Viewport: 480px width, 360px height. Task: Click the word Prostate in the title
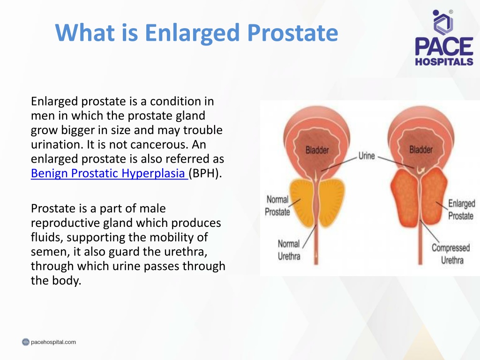point(292,33)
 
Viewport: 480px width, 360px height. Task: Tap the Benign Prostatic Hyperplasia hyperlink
point(109,173)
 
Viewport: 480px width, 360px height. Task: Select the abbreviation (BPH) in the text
point(205,173)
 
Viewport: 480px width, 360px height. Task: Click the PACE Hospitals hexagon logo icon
point(442,22)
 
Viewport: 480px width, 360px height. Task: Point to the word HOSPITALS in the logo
point(444,61)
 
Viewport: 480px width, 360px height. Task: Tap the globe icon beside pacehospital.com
point(26,342)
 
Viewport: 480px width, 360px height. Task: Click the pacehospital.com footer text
point(53,342)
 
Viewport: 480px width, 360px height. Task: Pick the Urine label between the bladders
point(367,156)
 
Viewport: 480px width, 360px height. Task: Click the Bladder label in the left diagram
point(317,150)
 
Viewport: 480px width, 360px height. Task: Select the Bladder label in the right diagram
point(421,150)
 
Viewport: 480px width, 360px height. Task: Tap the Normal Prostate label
point(277,206)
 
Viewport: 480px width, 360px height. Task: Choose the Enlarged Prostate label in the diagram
point(461,210)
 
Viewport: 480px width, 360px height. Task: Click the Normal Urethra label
point(289,250)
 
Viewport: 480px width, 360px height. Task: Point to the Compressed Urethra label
point(451,254)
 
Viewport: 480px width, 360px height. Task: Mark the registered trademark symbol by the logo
point(451,12)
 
